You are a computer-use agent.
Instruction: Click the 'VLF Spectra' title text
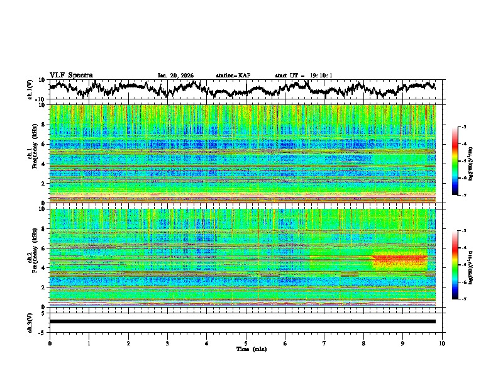[x=71, y=75]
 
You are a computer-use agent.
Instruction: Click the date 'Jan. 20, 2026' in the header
[x=175, y=75]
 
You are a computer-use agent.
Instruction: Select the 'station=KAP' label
[x=233, y=75]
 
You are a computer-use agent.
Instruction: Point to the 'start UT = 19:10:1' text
[x=304, y=75]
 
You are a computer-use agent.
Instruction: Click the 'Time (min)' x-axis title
[x=246, y=349]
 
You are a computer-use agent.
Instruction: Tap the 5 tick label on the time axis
[x=246, y=342]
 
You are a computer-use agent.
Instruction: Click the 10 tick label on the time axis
[x=442, y=342]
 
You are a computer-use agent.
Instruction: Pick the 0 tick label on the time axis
[x=50, y=342]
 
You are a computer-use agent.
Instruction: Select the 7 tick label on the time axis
[x=324, y=342]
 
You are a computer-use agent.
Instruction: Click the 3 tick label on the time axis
[x=167, y=342]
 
